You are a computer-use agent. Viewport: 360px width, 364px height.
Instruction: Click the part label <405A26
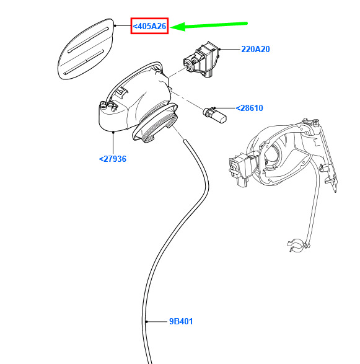tap(149, 26)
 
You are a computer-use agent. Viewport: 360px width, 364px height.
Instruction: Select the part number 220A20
tap(255, 49)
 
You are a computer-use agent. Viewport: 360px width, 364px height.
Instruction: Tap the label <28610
tap(249, 108)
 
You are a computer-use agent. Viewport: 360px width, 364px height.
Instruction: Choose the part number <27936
tap(113, 159)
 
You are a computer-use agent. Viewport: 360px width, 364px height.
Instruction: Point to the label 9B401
tap(181, 321)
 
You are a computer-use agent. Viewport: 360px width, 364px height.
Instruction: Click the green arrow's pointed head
tap(171, 27)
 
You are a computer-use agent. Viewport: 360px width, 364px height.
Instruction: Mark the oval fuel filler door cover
tap(86, 49)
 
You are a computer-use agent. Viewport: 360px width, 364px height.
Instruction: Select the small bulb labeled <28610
tap(214, 115)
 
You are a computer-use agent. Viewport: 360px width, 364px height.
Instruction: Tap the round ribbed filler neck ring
tap(155, 123)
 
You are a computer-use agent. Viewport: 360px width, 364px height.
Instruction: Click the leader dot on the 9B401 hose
tap(146, 322)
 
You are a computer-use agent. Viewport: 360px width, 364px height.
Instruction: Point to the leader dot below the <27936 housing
tap(113, 132)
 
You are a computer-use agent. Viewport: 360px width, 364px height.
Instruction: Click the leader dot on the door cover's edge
tap(115, 25)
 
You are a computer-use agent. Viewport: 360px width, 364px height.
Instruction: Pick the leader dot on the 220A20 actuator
tap(219, 49)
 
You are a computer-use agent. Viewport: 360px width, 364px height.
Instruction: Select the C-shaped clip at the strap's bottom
tap(296, 245)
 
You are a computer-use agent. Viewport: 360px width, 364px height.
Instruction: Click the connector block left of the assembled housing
tap(240, 168)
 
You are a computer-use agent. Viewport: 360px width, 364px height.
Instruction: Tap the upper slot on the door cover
tap(88, 40)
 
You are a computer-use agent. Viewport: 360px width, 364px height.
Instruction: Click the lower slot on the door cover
tap(84, 62)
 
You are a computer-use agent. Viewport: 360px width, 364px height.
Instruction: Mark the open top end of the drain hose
tap(185, 141)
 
